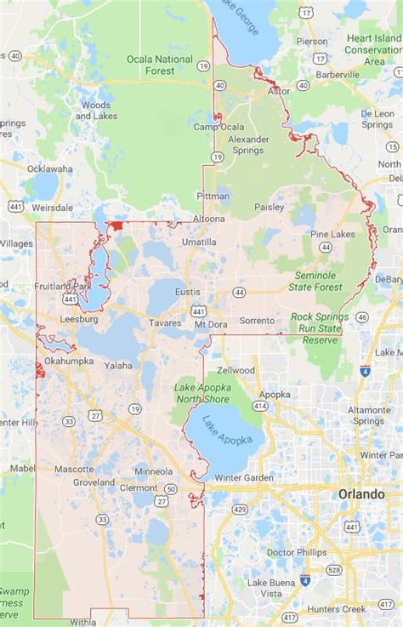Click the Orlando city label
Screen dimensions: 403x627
tap(360, 494)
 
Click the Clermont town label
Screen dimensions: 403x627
tap(139, 487)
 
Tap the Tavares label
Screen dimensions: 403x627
tap(165, 323)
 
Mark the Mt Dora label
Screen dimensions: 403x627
tap(211, 323)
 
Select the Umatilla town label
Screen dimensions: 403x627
tap(199, 242)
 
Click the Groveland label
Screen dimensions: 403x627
tap(94, 482)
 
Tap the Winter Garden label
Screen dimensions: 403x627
tap(243, 477)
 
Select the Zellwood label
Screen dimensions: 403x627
tap(236, 370)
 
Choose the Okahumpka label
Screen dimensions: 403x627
tap(70, 361)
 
